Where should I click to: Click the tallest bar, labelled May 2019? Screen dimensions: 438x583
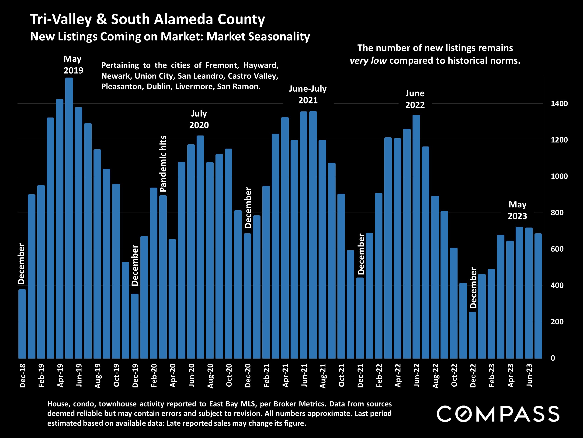click(x=69, y=218)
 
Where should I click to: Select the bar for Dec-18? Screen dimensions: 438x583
click(x=22, y=324)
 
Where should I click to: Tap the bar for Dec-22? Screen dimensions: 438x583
click(x=472, y=335)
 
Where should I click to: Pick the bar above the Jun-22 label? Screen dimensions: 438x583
click(x=416, y=237)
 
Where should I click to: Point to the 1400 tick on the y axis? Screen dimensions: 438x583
click(x=559, y=103)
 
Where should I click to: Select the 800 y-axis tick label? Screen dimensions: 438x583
click(x=557, y=213)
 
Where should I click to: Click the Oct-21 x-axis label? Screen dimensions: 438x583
click(x=341, y=375)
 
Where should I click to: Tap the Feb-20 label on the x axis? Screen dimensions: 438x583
click(x=154, y=375)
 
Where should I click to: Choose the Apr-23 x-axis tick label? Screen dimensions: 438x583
click(x=510, y=375)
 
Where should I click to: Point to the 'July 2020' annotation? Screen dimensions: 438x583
click(x=199, y=119)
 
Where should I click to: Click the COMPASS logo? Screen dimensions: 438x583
click(x=498, y=414)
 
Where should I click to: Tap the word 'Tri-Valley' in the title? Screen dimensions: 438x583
click(x=61, y=19)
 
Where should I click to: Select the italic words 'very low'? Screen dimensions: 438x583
click(x=368, y=61)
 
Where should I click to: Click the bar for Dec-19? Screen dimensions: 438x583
click(x=135, y=326)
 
